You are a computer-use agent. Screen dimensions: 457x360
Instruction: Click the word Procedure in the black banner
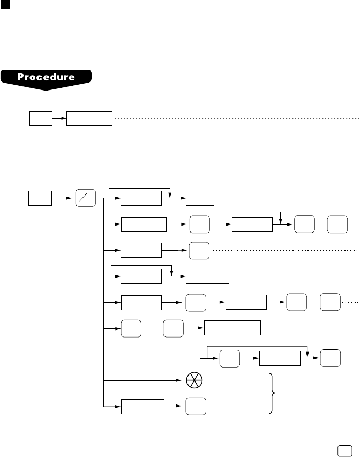click(x=46, y=77)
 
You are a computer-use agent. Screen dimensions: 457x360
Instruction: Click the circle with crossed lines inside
click(x=192, y=381)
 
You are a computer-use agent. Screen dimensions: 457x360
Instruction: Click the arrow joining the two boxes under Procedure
click(x=59, y=118)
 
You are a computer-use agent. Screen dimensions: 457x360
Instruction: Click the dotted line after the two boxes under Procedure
click(x=236, y=118)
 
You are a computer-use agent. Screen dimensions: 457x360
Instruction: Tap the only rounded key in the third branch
click(x=199, y=250)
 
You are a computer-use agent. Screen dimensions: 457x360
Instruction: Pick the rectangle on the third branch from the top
click(x=141, y=250)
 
